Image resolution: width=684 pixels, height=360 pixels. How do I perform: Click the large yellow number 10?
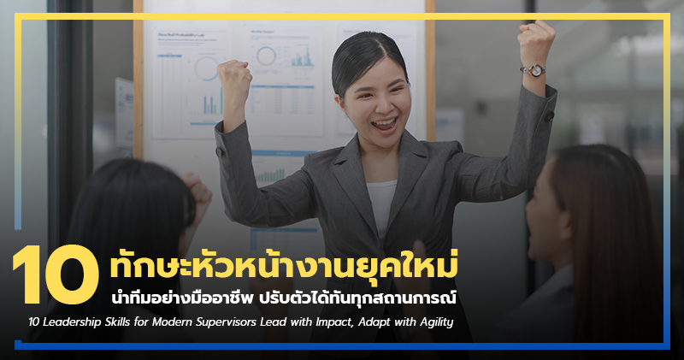point(56,274)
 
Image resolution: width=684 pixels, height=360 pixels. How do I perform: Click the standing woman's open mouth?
point(386,124)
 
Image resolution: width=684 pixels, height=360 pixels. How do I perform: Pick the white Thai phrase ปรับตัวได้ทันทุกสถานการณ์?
point(381,299)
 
